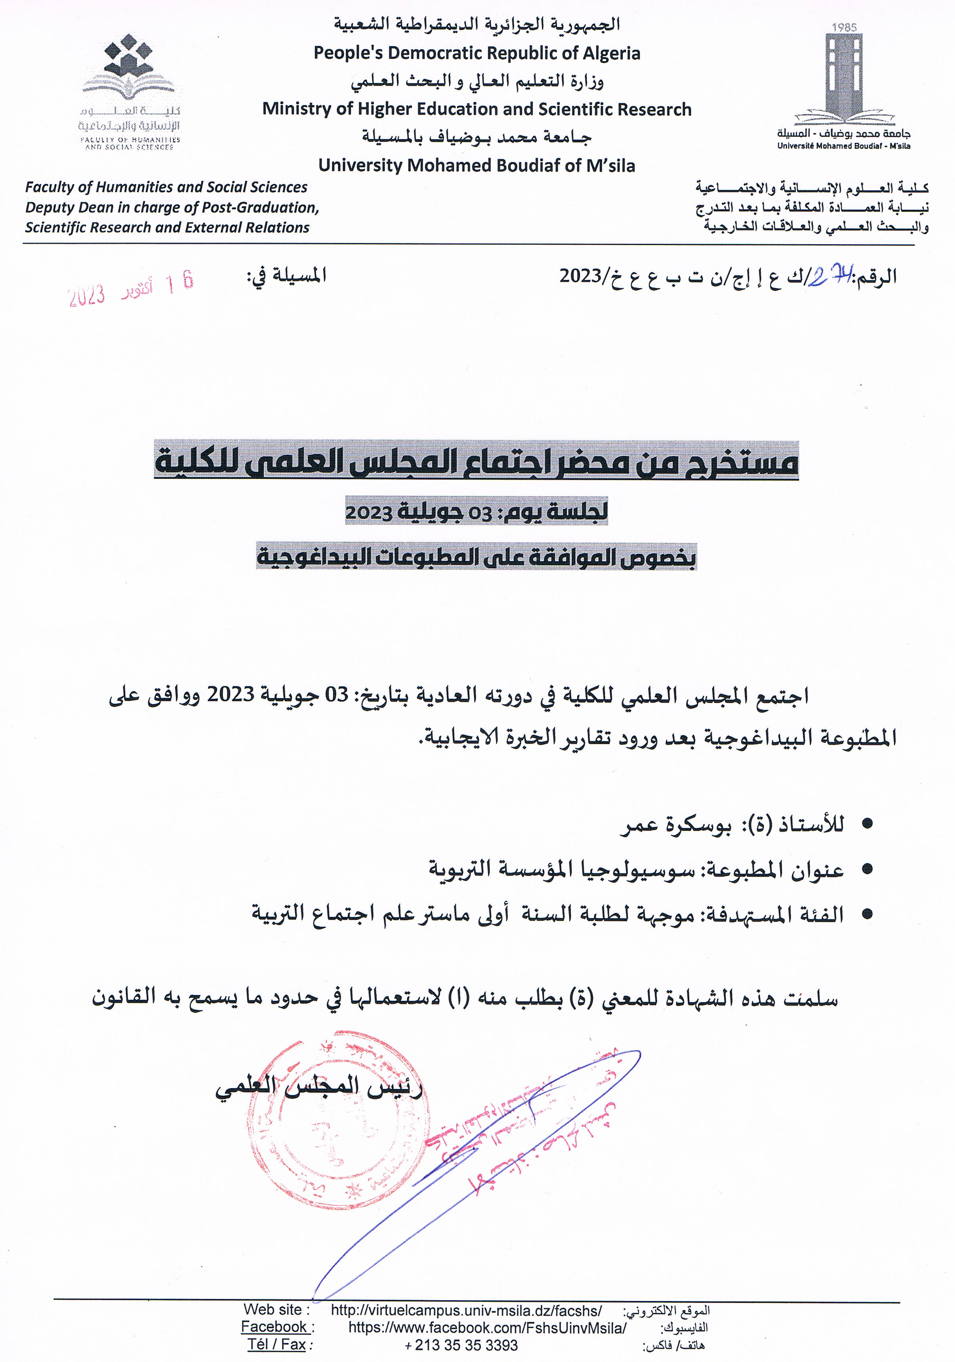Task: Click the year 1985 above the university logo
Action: point(844,27)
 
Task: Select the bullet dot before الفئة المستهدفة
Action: point(867,914)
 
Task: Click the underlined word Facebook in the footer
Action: point(274,1327)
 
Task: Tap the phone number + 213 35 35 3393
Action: point(461,1345)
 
